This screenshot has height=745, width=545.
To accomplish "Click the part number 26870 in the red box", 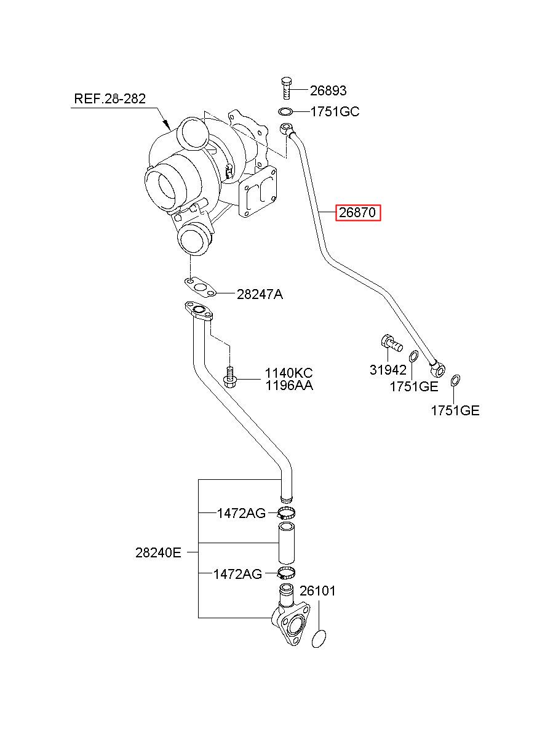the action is tap(357, 212).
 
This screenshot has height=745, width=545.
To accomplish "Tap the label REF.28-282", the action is tap(109, 99).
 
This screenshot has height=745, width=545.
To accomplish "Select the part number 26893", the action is tap(328, 90).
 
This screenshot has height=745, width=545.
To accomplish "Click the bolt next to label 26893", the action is tap(285, 88).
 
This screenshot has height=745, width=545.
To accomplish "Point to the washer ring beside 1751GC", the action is tap(285, 112).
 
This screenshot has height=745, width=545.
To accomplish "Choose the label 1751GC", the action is tap(335, 112).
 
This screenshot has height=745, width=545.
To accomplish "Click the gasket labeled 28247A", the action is tap(200, 287).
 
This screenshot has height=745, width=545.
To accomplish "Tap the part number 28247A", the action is tap(260, 294).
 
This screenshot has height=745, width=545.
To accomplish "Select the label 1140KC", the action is tap(288, 373).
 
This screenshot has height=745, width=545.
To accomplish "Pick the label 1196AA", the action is tap(288, 386).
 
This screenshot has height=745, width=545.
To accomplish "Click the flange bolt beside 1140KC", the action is tap(229, 376).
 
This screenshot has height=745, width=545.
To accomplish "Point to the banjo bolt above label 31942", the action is tap(391, 343).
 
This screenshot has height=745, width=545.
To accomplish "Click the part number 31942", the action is tap(388, 370).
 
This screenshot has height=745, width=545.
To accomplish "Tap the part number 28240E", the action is tap(158, 552).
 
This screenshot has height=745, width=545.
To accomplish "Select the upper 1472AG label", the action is tap(241, 513).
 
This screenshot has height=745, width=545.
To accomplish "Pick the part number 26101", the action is tap(317, 591).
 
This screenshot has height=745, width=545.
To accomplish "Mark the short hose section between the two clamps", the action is tap(287, 543).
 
